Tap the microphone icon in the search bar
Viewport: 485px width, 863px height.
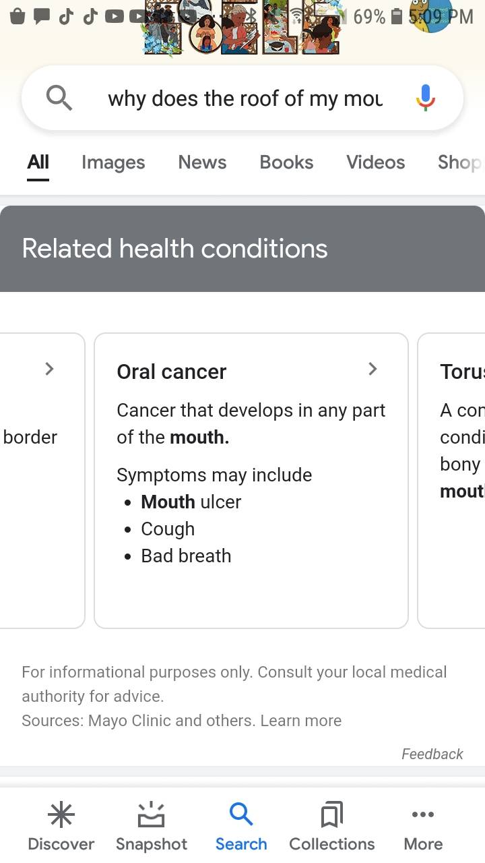pyautogui.click(x=425, y=98)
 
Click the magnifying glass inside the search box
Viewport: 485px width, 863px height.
pyautogui.click(x=59, y=98)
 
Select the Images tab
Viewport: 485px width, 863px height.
pyautogui.click(x=113, y=162)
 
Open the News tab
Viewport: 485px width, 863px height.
pyautogui.click(x=202, y=162)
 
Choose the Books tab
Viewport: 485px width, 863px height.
pyautogui.click(x=286, y=162)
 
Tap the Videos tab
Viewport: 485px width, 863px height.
pyautogui.click(x=375, y=162)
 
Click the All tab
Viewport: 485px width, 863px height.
pyautogui.click(x=38, y=162)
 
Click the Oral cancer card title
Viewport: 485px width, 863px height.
pyautogui.click(x=171, y=371)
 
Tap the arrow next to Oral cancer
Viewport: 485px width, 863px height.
pyautogui.click(x=373, y=369)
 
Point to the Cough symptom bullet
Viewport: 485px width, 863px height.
pyautogui.click(x=168, y=529)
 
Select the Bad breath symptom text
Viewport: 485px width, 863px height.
pyautogui.click(x=186, y=556)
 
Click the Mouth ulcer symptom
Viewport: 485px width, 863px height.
pyautogui.click(x=191, y=502)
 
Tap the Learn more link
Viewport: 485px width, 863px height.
pyautogui.click(x=301, y=721)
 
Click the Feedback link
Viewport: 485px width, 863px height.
pyautogui.click(x=432, y=754)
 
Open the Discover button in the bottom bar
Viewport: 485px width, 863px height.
pyautogui.click(x=61, y=826)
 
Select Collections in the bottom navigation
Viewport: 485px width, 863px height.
pyautogui.click(x=331, y=826)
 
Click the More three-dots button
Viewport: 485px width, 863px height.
pyautogui.click(x=423, y=814)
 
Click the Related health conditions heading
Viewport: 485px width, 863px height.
pyautogui.click(x=174, y=248)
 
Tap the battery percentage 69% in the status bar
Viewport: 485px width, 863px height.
pyautogui.click(x=368, y=17)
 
